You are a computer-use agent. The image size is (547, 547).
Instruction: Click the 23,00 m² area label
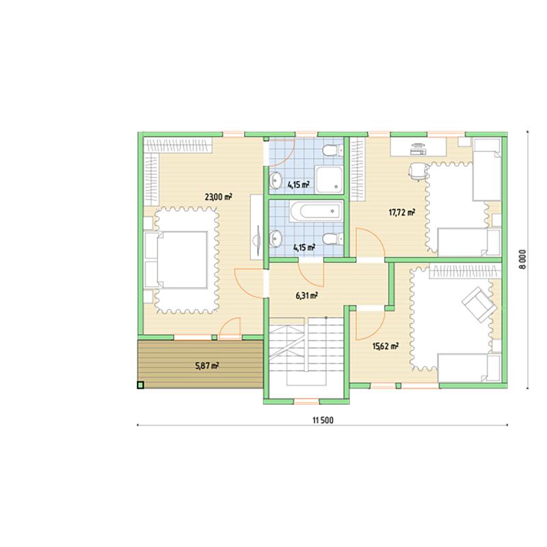(218, 197)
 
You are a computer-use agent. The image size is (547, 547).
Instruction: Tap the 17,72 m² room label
(402, 212)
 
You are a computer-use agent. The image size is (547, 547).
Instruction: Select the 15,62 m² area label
(386, 347)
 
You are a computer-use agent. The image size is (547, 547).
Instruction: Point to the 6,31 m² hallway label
(306, 296)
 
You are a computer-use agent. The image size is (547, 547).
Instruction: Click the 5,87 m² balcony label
(207, 366)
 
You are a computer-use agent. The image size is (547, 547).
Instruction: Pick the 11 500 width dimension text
(323, 421)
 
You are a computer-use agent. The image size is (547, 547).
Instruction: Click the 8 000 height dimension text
(522, 259)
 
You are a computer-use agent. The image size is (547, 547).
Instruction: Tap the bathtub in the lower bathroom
(316, 211)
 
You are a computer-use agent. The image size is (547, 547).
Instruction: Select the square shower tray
(329, 179)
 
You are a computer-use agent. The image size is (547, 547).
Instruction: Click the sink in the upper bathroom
(276, 180)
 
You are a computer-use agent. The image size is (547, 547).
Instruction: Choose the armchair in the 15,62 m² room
(479, 304)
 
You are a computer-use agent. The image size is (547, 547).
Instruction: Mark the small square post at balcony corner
(140, 385)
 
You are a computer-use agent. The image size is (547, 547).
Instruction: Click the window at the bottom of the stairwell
(306, 401)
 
